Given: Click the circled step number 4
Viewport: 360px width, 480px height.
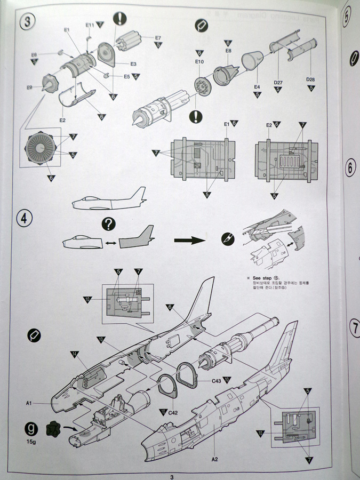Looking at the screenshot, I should tap(26, 219).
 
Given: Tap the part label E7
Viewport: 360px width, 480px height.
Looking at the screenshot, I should tap(158, 37).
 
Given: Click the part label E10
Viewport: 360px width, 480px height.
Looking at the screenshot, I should tap(199, 62).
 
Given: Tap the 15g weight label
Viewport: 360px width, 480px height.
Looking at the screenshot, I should tap(31, 441).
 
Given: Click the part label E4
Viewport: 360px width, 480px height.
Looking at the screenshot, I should tap(257, 86).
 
